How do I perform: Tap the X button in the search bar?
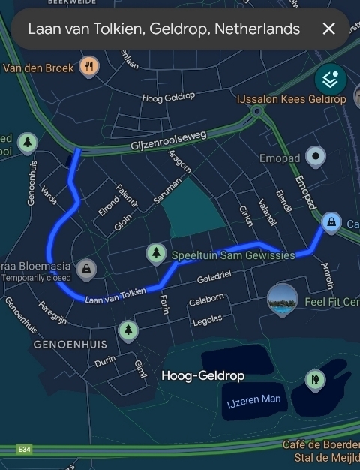(328, 29)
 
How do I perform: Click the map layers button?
(330, 77)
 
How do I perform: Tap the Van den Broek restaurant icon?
(89, 66)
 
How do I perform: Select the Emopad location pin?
(317, 158)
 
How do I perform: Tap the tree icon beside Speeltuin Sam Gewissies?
(156, 254)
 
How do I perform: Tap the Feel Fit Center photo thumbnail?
(282, 300)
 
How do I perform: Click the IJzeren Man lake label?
(254, 400)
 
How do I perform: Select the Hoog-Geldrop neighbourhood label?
(202, 375)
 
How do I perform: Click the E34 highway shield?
(25, 449)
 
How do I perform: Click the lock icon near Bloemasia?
(87, 268)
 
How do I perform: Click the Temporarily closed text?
(37, 278)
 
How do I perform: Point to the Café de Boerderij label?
(321, 444)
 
